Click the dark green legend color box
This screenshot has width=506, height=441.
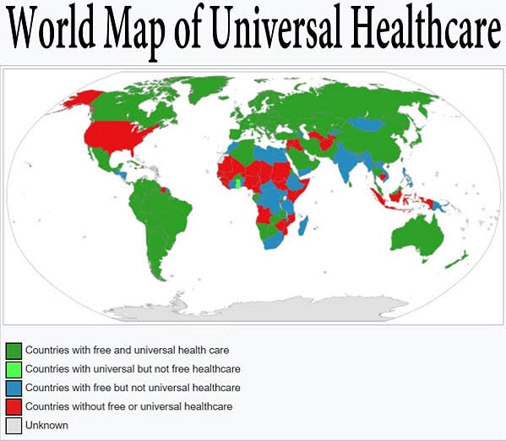click(x=14, y=350)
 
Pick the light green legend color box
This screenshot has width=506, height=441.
click(x=14, y=369)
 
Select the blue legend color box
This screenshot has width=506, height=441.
click(x=14, y=388)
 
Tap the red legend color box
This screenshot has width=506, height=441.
click(x=14, y=407)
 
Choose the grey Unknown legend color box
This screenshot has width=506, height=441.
click(x=14, y=426)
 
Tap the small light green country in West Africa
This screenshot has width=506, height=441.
click(x=237, y=181)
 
